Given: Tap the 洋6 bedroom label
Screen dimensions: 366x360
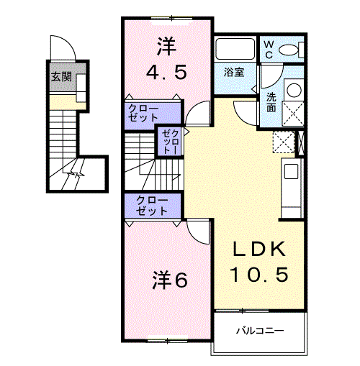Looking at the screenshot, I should click(x=170, y=280).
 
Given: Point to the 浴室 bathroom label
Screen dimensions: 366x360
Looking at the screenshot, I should click(x=233, y=73).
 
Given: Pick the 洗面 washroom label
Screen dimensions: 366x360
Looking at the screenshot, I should click(x=271, y=101).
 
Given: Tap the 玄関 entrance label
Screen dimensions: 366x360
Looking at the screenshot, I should click(x=60, y=77).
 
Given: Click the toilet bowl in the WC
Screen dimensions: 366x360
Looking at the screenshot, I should click(x=290, y=50).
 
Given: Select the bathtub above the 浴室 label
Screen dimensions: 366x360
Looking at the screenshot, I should click(x=235, y=50).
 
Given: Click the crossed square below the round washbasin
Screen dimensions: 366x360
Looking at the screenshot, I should click(x=292, y=114).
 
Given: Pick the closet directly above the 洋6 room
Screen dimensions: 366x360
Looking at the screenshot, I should click(x=150, y=206).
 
